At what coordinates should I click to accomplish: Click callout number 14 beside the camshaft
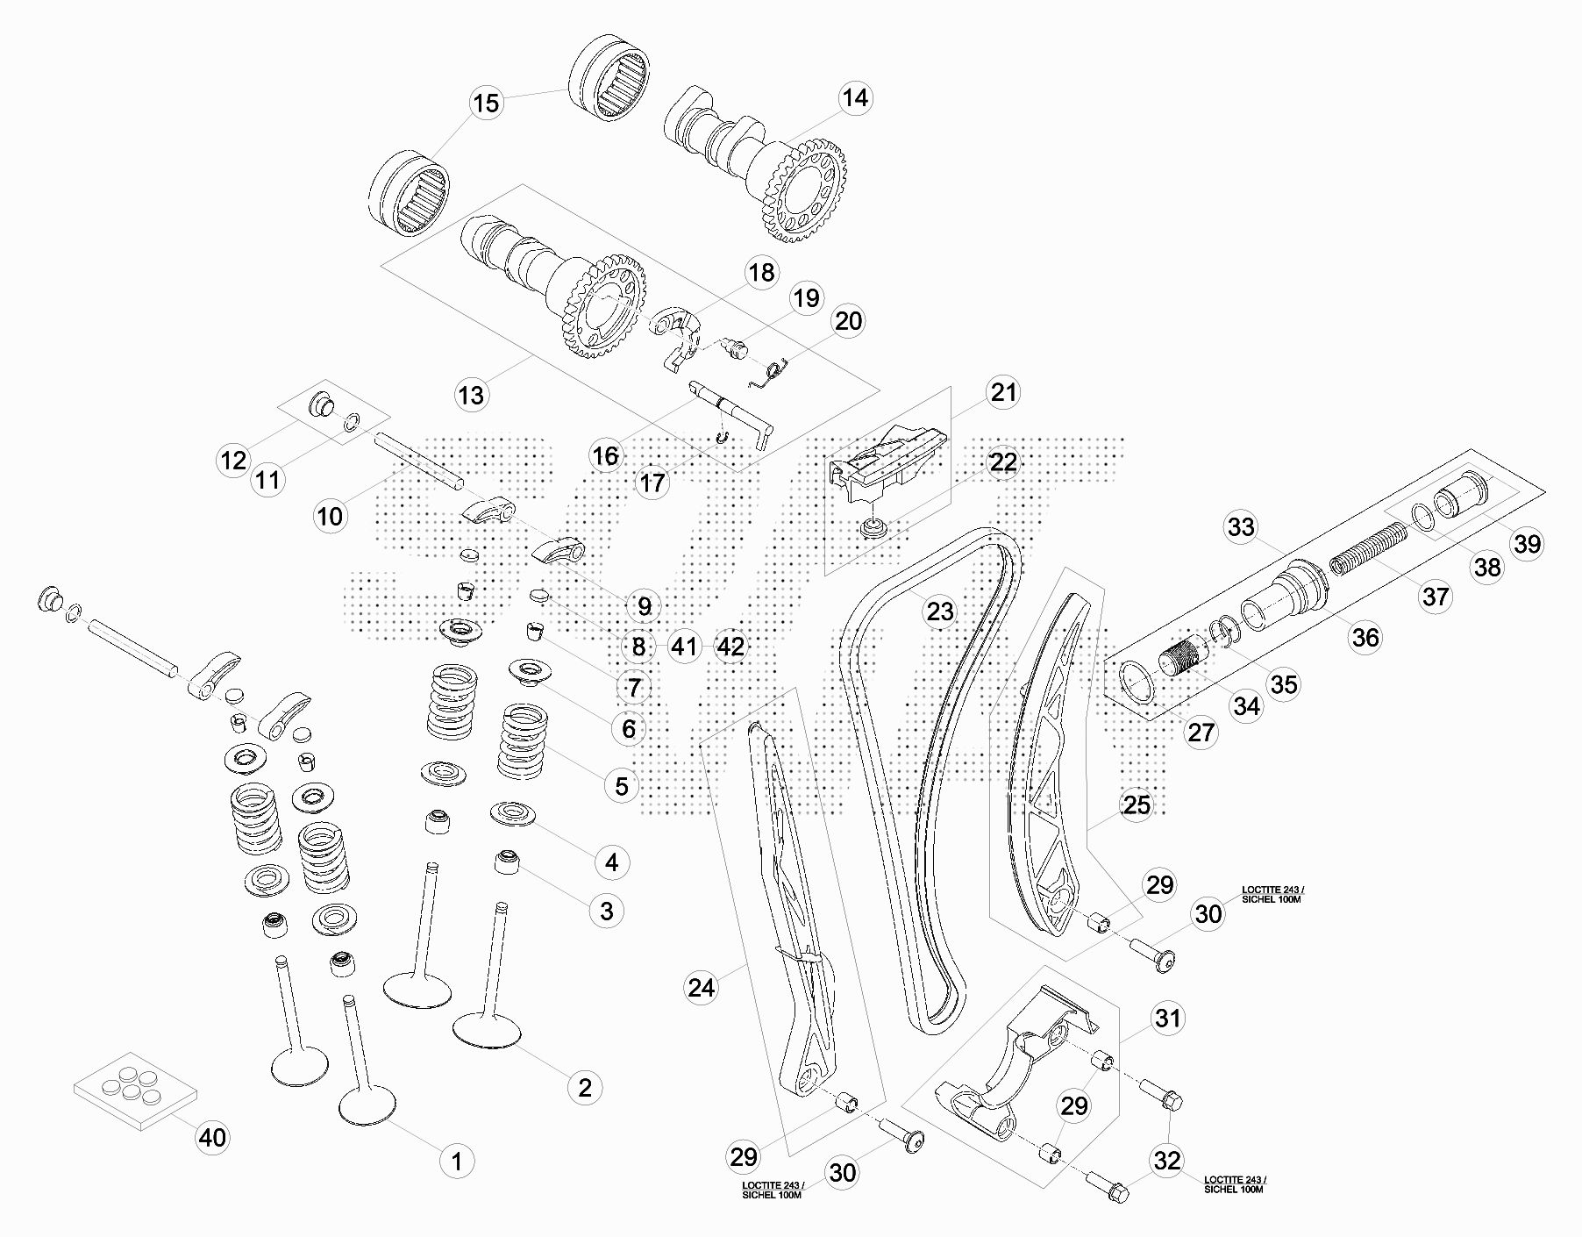tap(855, 97)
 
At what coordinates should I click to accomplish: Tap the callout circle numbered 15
tap(485, 103)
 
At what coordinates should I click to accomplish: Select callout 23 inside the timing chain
tap(940, 611)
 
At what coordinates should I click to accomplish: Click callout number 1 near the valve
tap(456, 1162)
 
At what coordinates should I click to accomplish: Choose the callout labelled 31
tap(1167, 1019)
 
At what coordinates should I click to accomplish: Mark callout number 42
tap(730, 647)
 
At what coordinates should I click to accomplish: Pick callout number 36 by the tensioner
tap(1365, 638)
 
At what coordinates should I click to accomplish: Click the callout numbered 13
tap(471, 395)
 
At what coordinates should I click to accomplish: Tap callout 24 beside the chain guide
tap(701, 988)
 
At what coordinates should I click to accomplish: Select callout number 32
tap(1167, 1161)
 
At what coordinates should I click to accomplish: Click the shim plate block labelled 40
tap(135, 1089)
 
